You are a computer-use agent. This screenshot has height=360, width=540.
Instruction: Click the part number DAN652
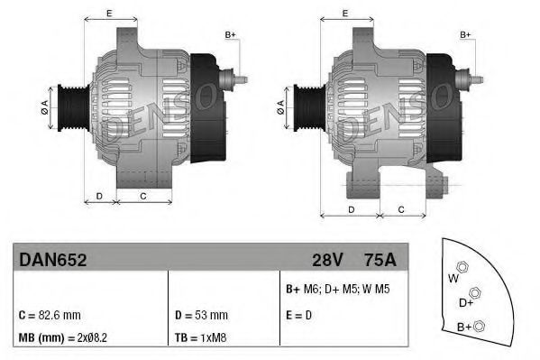click(52, 260)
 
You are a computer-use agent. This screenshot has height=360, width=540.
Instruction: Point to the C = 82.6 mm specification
click(50, 316)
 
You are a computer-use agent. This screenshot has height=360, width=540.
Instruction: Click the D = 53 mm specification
click(200, 316)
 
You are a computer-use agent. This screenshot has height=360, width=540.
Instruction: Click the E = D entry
click(298, 316)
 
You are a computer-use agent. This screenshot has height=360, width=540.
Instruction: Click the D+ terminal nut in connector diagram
click(476, 292)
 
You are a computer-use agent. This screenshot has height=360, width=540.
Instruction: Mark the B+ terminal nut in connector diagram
click(481, 325)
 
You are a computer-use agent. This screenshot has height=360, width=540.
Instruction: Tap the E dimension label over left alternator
click(109, 13)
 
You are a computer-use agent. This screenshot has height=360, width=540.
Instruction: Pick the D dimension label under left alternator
click(99, 195)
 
